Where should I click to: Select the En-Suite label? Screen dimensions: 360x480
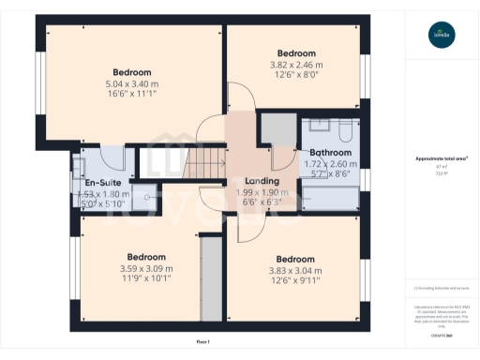pos(101,183)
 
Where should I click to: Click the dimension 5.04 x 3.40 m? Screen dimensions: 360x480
pos(132,82)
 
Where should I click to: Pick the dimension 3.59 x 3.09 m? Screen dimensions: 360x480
pos(146,268)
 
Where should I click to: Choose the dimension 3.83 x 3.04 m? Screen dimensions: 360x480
pos(294,270)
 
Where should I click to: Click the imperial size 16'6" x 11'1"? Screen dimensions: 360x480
pos(132,94)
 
